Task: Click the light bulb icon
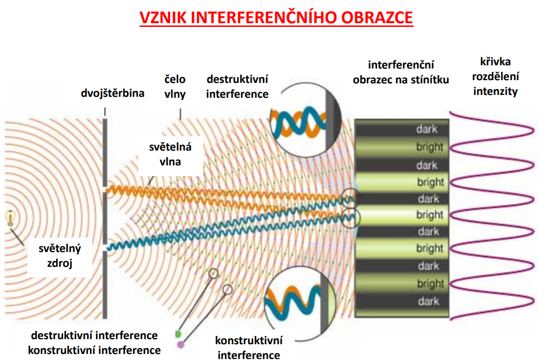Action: click(11, 218)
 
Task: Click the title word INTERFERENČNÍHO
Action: click(263, 18)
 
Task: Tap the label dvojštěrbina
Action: click(113, 93)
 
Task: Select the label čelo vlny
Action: click(175, 87)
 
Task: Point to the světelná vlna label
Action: click(170, 154)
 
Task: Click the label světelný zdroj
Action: click(59, 256)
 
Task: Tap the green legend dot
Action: click(178, 334)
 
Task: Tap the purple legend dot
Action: click(181, 345)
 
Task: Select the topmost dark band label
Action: click(427, 129)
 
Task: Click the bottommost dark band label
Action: click(428, 301)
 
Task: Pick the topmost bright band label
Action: click(430, 147)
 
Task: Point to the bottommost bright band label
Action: click(431, 284)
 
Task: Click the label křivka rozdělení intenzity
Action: click(496, 76)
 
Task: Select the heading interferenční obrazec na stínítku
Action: click(401, 72)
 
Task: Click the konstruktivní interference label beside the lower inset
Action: click(249, 348)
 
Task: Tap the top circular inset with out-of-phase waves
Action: click(306, 120)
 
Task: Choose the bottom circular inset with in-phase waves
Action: click(300, 303)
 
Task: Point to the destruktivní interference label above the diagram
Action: click(237, 87)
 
